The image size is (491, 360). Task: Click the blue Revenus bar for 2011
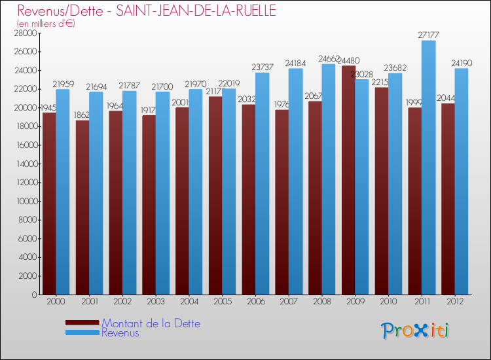pos(429,167)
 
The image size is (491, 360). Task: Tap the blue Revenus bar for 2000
pos(63,191)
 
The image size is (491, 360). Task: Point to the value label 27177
pos(429,34)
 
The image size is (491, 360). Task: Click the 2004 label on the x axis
pos(189,302)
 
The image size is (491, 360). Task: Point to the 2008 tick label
pos(321,302)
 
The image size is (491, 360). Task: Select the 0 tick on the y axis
pos(33,295)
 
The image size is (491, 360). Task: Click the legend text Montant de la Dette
pos(151,323)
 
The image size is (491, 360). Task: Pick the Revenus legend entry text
pos(120,333)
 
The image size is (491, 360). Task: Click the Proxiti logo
pos(416,331)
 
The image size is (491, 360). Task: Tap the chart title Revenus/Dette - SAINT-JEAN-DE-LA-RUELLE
pos(147,10)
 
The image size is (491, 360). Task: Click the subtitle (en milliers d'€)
pos(46,24)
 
